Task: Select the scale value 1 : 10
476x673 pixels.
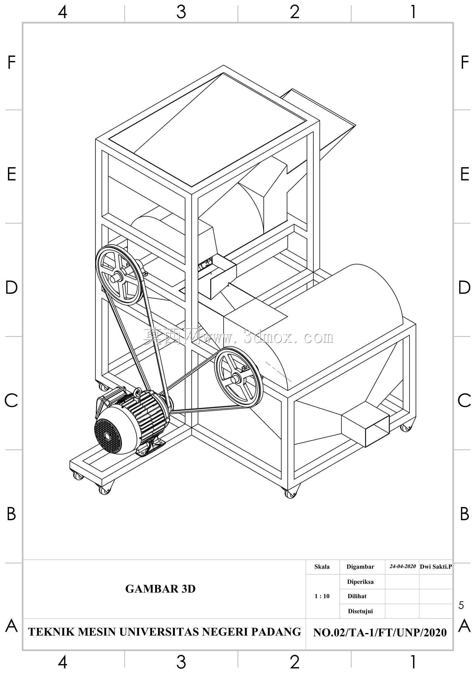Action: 322,596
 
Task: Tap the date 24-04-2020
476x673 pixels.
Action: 402,566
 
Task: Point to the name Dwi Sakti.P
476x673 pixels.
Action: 436,567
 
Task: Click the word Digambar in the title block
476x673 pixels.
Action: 360,567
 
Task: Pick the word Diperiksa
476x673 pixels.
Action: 360,582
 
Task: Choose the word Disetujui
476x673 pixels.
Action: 360,611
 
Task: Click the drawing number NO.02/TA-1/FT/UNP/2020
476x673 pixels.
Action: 380,632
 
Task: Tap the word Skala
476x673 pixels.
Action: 322,567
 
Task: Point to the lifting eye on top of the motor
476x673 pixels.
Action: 137,392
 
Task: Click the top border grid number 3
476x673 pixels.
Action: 181,12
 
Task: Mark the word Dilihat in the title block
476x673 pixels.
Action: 357,596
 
